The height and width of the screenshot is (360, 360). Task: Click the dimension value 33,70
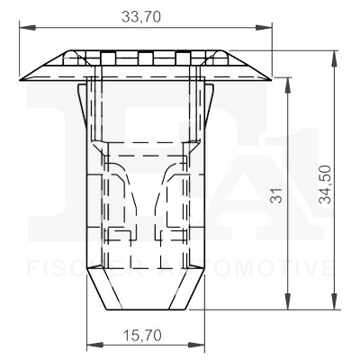tap(144, 16)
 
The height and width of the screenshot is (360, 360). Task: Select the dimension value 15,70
tap(143, 334)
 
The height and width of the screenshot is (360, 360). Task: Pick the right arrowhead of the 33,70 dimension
tap(267, 30)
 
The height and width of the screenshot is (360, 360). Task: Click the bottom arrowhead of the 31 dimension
tap(288, 304)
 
